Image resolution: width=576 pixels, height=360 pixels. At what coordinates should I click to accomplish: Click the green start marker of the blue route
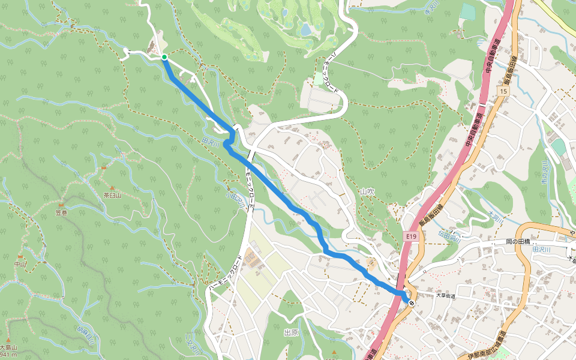[164, 58]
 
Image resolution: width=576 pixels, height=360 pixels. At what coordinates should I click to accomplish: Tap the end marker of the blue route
[412, 303]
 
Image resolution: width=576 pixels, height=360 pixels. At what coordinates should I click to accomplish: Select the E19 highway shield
[410, 236]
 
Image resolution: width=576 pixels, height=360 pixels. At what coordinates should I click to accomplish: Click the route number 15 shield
[502, 91]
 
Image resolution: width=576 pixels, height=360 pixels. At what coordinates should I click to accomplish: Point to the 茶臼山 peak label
[112, 195]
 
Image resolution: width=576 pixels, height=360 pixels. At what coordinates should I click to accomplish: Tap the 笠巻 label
[62, 212]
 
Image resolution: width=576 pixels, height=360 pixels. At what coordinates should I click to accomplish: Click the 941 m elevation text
[8, 355]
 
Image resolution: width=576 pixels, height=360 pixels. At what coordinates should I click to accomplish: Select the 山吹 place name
[367, 191]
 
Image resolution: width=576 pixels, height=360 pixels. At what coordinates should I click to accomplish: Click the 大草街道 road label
[446, 295]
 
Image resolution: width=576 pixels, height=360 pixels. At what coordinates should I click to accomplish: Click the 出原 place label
[291, 332]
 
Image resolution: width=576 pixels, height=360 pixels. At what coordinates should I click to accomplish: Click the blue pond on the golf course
[306, 29]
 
